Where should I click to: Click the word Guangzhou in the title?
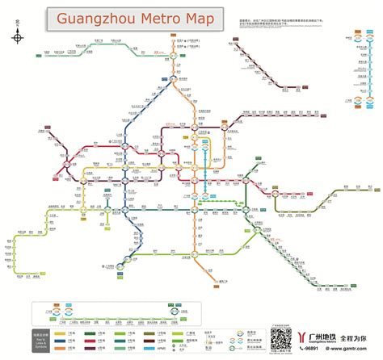tap(98, 18)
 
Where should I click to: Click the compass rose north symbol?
tap(17, 36)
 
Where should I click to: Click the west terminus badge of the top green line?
tap(37, 56)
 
